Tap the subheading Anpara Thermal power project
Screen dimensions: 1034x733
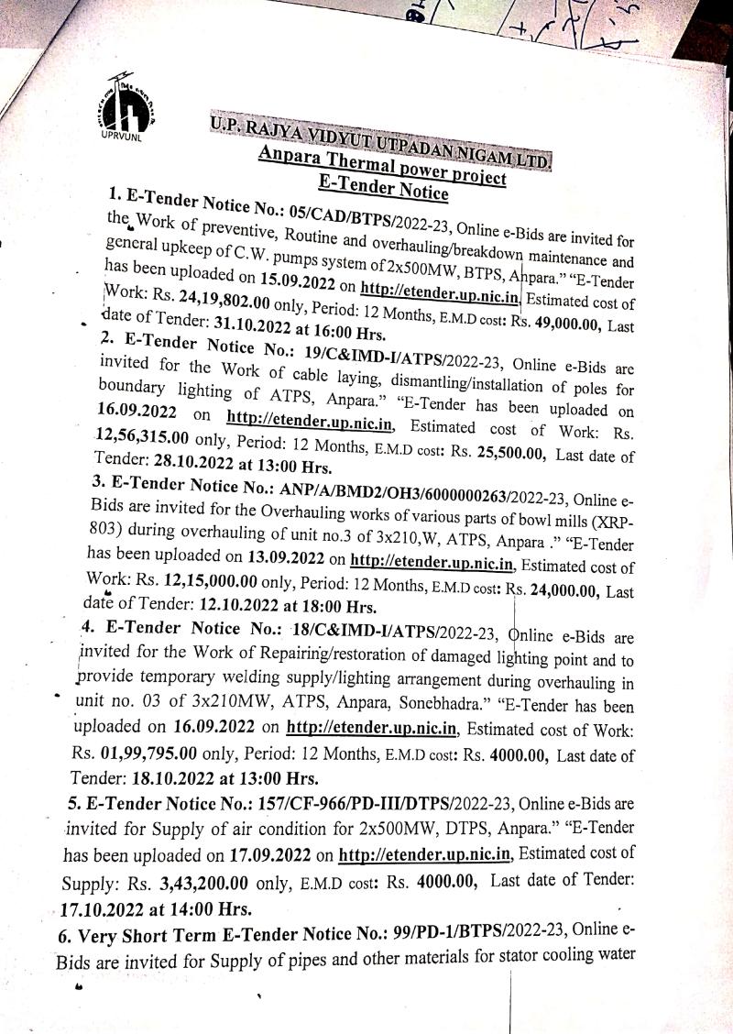(383, 168)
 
